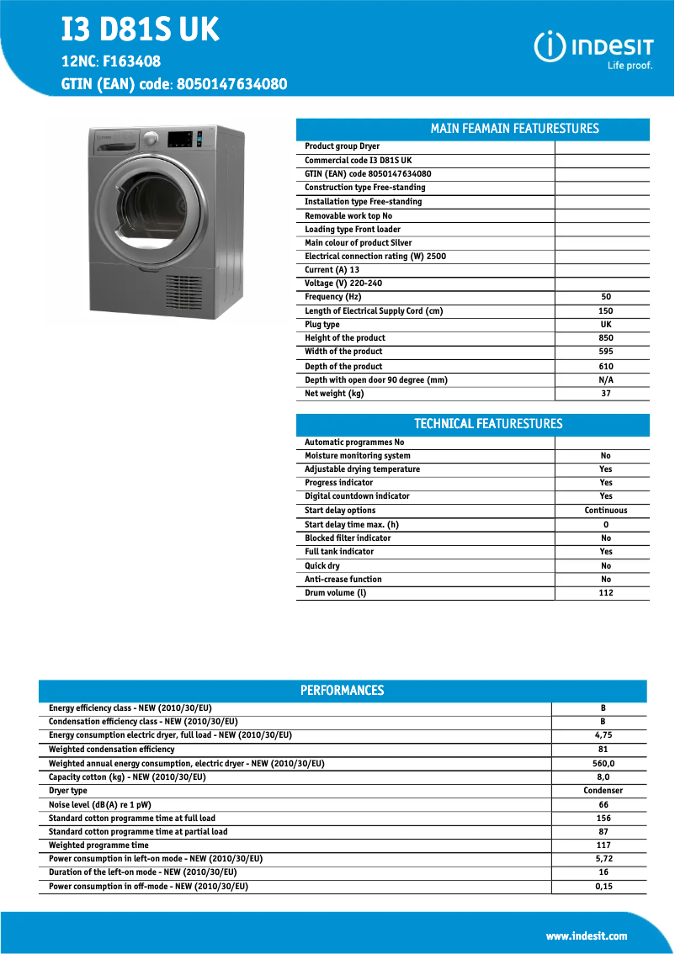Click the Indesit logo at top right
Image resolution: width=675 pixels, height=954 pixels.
593,48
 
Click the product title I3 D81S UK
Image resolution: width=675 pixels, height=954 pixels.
140,30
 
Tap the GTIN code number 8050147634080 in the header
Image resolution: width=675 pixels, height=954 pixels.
232,84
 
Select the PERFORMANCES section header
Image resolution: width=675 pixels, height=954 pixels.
342,691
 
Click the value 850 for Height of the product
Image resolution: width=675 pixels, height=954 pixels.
606,338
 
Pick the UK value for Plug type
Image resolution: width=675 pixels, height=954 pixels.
606,325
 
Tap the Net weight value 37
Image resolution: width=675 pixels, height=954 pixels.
606,394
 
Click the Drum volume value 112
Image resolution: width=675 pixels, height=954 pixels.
606,593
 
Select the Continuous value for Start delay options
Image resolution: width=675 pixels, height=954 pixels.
606,511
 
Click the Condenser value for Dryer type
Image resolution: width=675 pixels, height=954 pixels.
603,791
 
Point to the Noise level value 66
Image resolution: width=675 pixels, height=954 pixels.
603,805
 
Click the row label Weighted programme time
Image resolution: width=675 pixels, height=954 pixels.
98,845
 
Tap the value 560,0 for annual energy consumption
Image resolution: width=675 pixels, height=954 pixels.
603,764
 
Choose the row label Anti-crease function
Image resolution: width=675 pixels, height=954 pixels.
343,580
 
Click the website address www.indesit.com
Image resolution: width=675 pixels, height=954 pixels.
587,936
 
